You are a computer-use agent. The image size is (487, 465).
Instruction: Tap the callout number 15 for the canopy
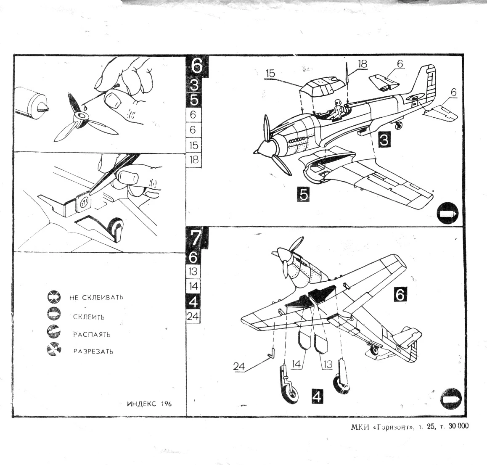point(270,74)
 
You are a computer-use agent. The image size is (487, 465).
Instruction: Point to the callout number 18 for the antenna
point(362,63)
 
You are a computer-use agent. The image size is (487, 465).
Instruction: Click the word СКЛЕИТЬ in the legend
point(89,317)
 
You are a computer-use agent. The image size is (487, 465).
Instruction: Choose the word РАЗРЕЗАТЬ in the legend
point(93,351)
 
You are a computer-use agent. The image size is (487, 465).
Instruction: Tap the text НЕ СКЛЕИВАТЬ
point(96,297)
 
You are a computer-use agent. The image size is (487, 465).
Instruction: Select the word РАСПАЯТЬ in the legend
point(92,335)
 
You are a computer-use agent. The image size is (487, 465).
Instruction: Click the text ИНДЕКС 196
point(149,404)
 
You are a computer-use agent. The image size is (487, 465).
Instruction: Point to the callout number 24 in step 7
point(239,367)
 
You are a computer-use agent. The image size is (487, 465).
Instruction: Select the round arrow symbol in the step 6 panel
point(447,214)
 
